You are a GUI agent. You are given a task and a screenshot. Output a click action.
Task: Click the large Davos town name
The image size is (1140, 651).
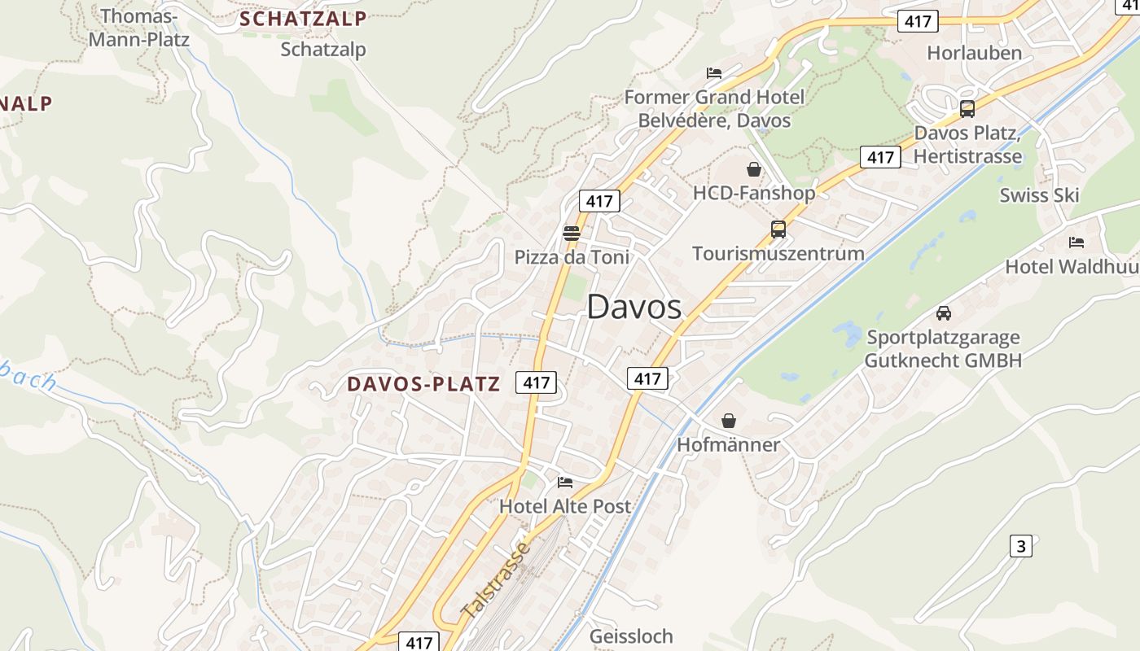(x=634, y=307)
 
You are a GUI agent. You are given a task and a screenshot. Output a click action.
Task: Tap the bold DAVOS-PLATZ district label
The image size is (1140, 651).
(x=423, y=384)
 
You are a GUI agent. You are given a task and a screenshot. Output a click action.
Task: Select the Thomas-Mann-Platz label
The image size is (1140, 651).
(x=138, y=28)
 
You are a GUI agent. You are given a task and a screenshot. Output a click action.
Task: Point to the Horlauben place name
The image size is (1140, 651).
(x=974, y=54)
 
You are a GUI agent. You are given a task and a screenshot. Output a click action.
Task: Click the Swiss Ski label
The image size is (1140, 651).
(x=1039, y=195)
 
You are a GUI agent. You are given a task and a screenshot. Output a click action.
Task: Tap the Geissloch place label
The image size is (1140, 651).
(x=631, y=636)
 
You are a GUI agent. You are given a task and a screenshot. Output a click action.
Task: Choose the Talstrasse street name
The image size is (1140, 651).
(x=495, y=579)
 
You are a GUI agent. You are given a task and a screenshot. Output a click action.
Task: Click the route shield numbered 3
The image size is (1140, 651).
(x=1021, y=546)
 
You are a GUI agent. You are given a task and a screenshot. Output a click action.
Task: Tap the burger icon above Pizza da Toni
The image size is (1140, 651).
(x=571, y=234)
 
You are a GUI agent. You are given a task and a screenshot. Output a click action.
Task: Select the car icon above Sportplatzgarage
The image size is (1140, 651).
(x=943, y=312)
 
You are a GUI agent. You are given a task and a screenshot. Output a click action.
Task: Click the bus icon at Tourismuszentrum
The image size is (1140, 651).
(x=778, y=229)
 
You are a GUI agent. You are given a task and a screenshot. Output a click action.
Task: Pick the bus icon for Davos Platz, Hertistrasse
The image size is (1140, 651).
(x=967, y=108)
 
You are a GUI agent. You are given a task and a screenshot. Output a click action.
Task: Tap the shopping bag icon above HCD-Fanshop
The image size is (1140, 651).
(x=753, y=169)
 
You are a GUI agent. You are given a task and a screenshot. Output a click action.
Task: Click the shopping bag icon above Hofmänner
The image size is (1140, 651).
(x=728, y=421)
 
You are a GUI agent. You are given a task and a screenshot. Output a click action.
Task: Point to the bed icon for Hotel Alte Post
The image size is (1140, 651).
(x=564, y=482)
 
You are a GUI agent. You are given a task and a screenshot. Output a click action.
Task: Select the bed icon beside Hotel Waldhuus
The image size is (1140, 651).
(x=1076, y=242)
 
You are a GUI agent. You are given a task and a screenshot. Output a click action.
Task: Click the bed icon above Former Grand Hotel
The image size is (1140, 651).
(x=713, y=73)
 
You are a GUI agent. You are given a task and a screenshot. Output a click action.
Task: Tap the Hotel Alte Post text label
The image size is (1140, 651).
(x=564, y=506)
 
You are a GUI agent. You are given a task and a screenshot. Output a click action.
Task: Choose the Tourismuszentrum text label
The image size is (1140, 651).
(x=778, y=253)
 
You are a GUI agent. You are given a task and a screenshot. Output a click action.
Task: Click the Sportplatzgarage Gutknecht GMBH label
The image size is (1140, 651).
(x=943, y=348)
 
